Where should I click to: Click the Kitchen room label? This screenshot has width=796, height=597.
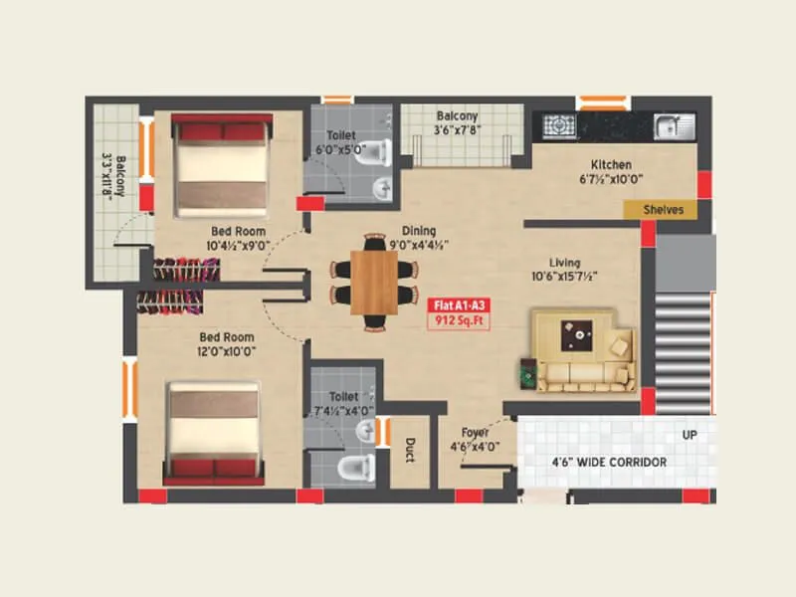(x=611, y=165)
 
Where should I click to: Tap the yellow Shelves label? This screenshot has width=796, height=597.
(x=662, y=210)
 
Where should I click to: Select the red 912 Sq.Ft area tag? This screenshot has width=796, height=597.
(x=459, y=321)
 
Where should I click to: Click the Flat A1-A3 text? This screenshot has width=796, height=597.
(x=459, y=305)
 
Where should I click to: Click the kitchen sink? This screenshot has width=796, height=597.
(x=674, y=126)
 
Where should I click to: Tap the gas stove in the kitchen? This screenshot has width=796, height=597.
(x=559, y=126)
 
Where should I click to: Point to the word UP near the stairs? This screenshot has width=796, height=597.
(x=689, y=436)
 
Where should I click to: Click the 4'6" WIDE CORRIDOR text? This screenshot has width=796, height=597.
(x=608, y=463)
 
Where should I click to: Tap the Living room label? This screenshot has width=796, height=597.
(x=564, y=263)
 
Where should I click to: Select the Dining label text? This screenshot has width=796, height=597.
(x=418, y=230)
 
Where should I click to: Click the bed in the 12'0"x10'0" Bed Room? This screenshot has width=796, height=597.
(x=213, y=434)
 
